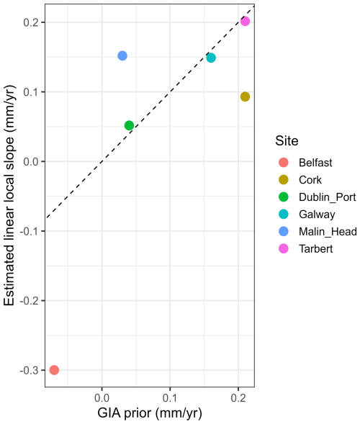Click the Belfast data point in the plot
point(54,369)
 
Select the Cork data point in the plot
point(245,96)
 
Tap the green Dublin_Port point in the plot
point(130,125)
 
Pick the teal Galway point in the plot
point(211,58)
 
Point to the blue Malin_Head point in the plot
point(122,55)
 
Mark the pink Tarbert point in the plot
point(245,21)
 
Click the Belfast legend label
point(315,163)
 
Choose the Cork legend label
point(310,180)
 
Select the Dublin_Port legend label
point(328,197)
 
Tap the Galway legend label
point(317,215)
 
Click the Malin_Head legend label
point(328,232)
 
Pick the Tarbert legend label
point(315,249)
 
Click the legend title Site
point(287,141)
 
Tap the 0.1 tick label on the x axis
point(170,398)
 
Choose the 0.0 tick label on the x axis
point(102,398)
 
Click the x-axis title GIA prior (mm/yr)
point(150,413)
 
